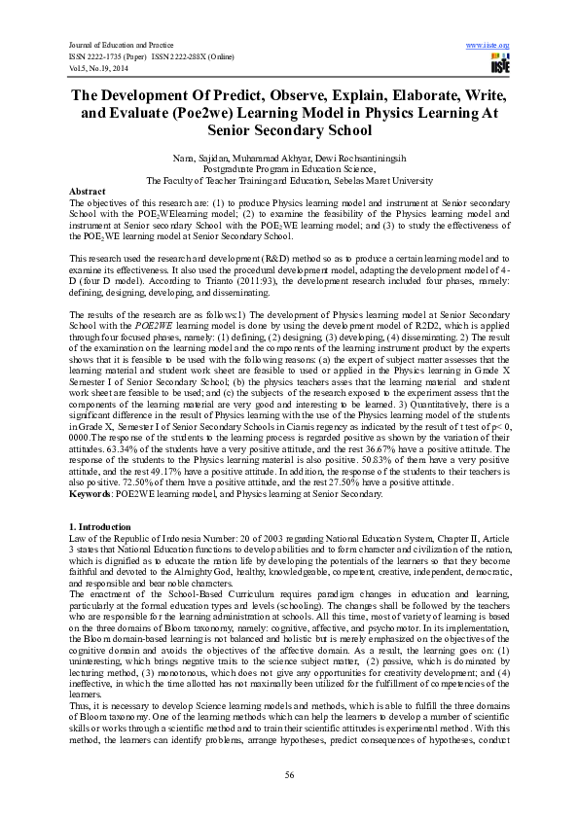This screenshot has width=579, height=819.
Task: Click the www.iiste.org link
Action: click(x=489, y=45)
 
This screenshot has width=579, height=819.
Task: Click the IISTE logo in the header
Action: click(x=500, y=65)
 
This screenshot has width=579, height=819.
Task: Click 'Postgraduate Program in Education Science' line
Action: click(x=289, y=168)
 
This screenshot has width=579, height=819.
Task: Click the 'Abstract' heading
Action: click(x=89, y=192)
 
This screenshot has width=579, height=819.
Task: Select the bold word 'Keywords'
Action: click(x=90, y=494)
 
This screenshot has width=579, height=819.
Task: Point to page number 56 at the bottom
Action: click(x=289, y=774)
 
